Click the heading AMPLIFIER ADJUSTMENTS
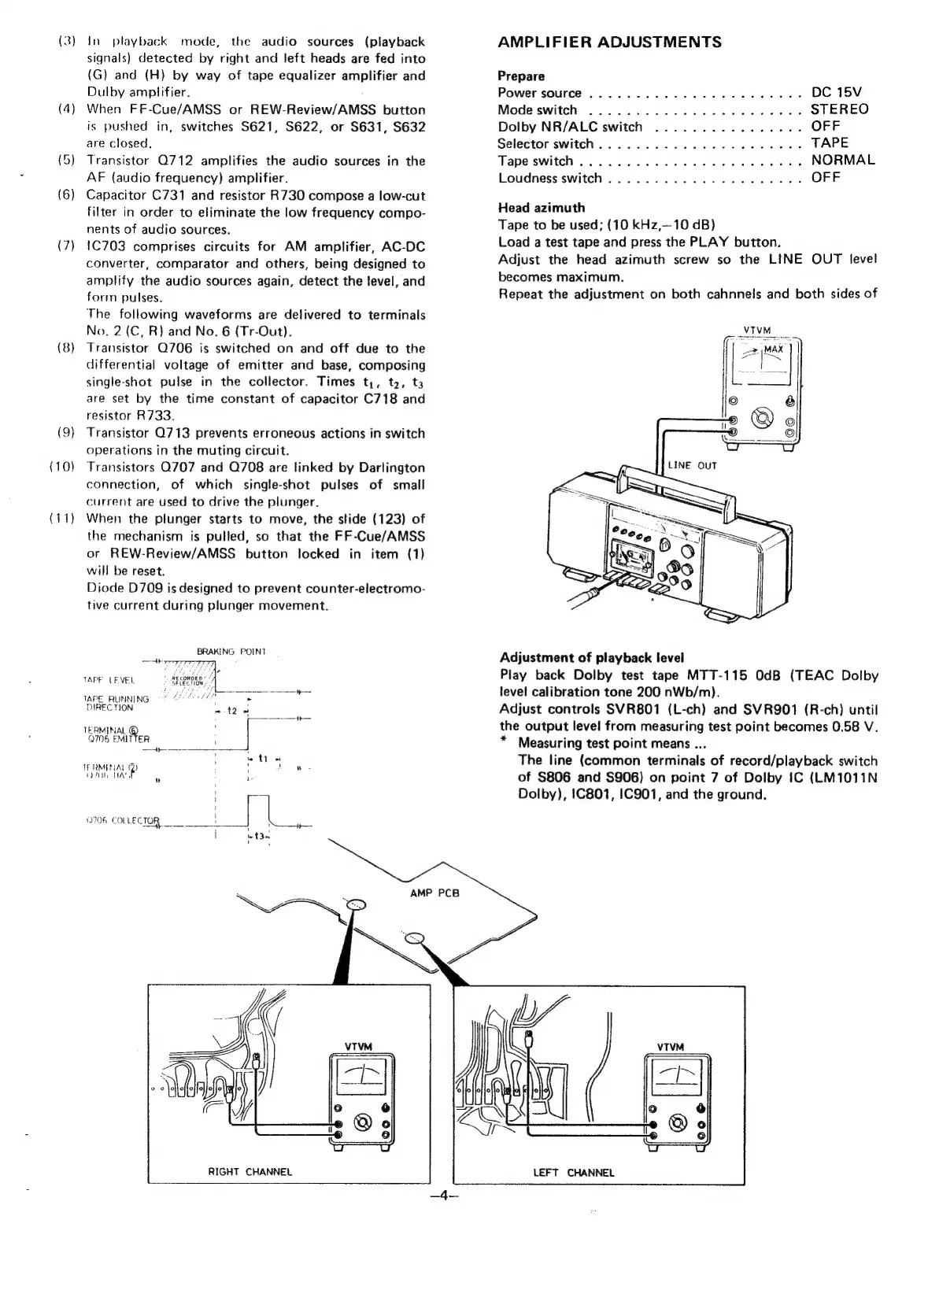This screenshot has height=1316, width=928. pyautogui.click(x=609, y=43)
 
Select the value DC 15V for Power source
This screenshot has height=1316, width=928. pyautogui.click(x=836, y=93)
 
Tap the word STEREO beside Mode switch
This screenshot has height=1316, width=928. pyautogui.click(x=839, y=109)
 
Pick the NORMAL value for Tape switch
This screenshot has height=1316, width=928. pyautogui.click(x=842, y=161)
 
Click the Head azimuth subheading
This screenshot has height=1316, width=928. pyautogui.click(x=542, y=208)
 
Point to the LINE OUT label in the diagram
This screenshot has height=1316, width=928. pyautogui.click(x=692, y=465)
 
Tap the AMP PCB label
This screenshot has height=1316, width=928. pyautogui.click(x=434, y=893)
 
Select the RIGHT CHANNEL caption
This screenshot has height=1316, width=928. pyautogui.click(x=250, y=1172)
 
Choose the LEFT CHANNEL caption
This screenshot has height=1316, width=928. pyautogui.click(x=573, y=1173)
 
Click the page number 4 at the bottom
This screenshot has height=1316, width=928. pyautogui.click(x=444, y=1196)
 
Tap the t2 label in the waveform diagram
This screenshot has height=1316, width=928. pyautogui.click(x=231, y=711)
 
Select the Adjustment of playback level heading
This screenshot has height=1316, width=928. pyautogui.click(x=592, y=658)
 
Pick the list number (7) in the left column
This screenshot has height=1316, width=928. pyautogui.click(x=66, y=247)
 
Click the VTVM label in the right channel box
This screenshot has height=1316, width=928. pyautogui.click(x=357, y=1046)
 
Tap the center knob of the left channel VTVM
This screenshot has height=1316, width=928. pyautogui.click(x=677, y=1123)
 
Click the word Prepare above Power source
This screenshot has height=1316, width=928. pyautogui.click(x=521, y=76)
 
